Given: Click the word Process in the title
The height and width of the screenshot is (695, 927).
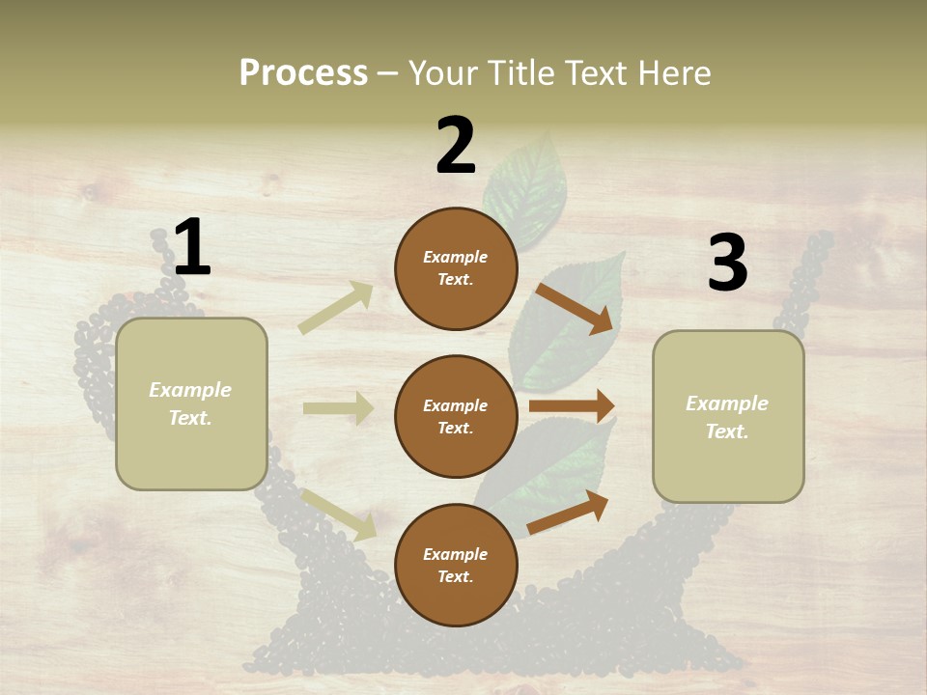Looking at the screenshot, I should (303, 73).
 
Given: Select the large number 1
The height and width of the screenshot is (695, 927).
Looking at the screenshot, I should (191, 249).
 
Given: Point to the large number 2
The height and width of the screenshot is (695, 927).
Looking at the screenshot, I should (456, 146).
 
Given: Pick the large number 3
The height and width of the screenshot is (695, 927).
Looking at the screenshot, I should (727, 264).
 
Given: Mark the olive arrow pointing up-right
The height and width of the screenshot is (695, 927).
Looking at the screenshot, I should (335, 309).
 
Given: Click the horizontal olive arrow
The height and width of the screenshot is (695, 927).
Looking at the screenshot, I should (338, 408).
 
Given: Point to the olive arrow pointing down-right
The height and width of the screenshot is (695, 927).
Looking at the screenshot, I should (339, 514).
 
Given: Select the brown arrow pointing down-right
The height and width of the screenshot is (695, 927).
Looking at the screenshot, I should (575, 308).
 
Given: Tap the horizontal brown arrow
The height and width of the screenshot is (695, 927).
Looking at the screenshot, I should (572, 405).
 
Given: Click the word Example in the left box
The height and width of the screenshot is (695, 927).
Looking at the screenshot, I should (190, 390).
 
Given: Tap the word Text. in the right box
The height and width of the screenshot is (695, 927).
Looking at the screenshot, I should (727, 431).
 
